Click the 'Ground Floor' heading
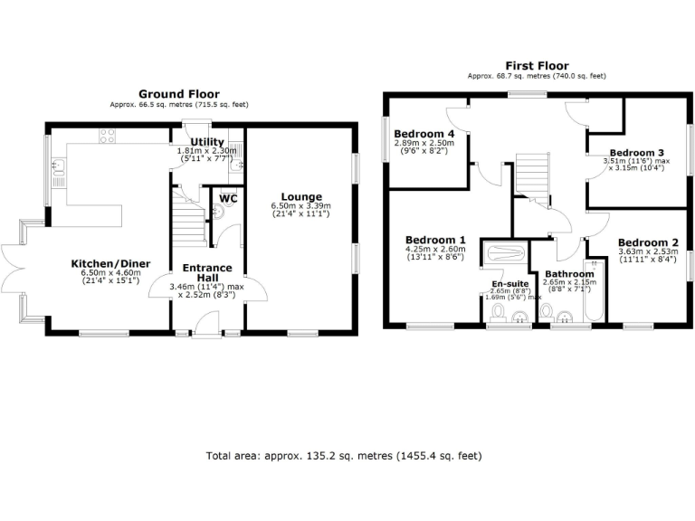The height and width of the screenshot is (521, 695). click(x=178, y=94)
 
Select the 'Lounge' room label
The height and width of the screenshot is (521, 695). click(x=300, y=196)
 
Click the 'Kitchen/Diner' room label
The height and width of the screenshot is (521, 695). click(x=110, y=264)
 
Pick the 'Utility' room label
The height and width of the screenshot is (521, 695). click(x=207, y=142)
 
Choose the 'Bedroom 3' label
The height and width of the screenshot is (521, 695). click(x=636, y=152)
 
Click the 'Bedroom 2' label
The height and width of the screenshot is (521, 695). click(x=647, y=242)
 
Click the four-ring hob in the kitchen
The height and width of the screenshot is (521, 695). click(x=106, y=137)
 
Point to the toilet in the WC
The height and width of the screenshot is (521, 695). click(x=218, y=212)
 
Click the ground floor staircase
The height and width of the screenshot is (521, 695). click(x=188, y=218)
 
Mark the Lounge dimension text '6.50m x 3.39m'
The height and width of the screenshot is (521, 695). click(x=300, y=206)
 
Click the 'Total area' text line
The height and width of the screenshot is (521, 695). click(x=344, y=455)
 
